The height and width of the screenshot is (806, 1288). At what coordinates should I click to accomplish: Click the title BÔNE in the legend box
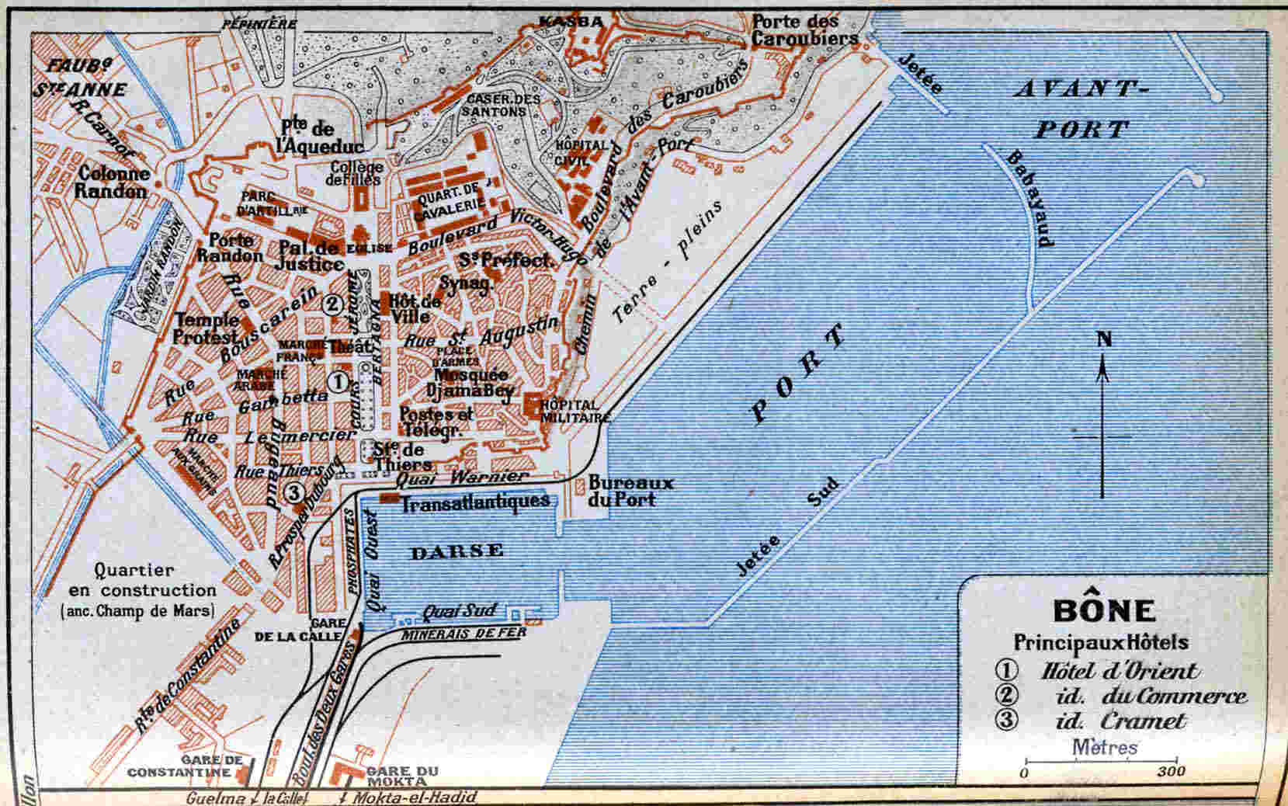point(1103,610)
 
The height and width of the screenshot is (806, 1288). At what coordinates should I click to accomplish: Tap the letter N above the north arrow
point(1103,339)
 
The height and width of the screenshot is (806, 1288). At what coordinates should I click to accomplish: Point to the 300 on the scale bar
point(1171,771)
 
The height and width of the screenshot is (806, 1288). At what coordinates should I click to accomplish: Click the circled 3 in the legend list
point(1006,720)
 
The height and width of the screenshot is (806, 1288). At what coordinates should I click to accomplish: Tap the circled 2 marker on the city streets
point(332,304)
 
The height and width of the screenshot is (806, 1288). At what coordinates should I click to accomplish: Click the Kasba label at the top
point(571,22)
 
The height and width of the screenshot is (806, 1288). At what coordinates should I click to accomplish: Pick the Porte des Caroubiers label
point(804,30)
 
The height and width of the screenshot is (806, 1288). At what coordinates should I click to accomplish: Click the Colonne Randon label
point(113,183)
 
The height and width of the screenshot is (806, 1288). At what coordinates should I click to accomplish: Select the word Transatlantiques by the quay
point(475,502)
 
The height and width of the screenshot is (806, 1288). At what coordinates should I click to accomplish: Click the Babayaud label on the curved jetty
point(1030,197)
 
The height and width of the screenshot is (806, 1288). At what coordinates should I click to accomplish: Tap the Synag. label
point(466,283)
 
